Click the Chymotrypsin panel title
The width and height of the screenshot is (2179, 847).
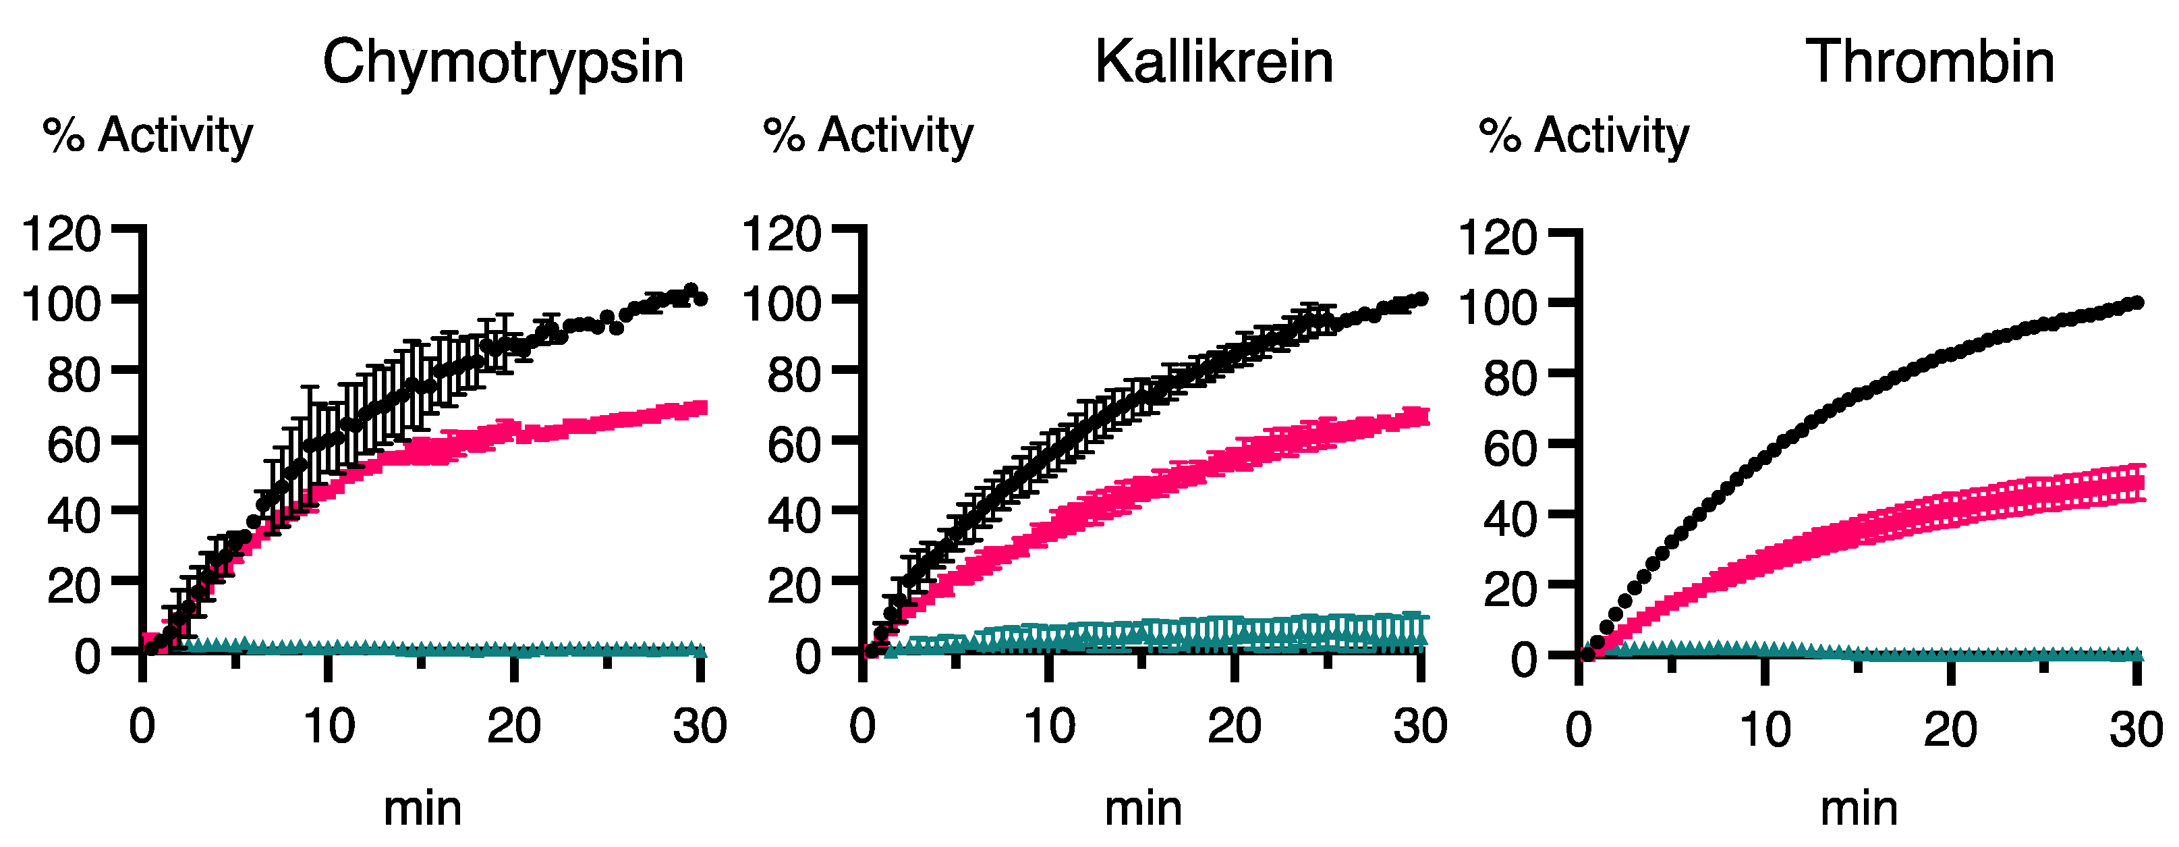point(503,63)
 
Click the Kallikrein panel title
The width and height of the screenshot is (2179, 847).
point(1213,63)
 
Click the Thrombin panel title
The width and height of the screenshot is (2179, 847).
point(1929,63)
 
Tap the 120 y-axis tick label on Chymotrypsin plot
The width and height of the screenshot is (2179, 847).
point(61,234)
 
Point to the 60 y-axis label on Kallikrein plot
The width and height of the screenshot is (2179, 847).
point(793,445)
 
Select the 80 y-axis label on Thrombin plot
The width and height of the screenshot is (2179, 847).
point(1510,377)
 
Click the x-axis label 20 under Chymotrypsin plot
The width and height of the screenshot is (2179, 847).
point(513,726)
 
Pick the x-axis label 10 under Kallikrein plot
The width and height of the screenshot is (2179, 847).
point(1049,726)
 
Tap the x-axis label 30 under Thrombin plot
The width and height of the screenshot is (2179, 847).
point(2135,730)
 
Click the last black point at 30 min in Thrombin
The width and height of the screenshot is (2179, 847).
point(2136,302)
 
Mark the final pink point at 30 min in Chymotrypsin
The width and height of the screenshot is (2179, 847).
point(700,408)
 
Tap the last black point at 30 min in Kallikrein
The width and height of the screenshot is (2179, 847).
point(1421,299)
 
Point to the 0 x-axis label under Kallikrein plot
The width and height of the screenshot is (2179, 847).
point(862,726)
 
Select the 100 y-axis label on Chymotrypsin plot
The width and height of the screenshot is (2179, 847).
point(61,304)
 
